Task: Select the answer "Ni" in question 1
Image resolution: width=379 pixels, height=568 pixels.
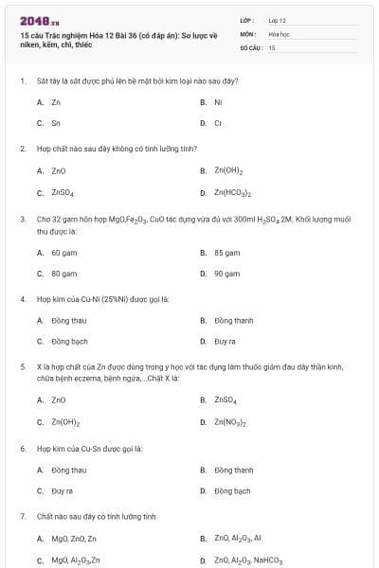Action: (x=218, y=101)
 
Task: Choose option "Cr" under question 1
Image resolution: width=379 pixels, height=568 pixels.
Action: (x=218, y=123)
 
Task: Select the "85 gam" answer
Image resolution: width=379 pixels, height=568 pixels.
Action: (x=226, y=253)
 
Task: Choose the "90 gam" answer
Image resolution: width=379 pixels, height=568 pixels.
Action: (x=226, y=274)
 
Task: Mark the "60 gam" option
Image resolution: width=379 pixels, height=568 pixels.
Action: (x=63, y=253)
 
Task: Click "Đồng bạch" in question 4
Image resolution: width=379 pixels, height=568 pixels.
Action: (x=69, y=341)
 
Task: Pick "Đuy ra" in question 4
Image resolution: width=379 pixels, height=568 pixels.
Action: (x=225, y=341)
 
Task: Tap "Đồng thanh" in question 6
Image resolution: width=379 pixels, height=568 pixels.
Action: (x=233, y=470)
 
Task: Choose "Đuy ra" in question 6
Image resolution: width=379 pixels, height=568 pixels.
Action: (x=62, y=491)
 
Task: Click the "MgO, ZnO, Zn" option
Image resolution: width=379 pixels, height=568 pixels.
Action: (x=74, y=539)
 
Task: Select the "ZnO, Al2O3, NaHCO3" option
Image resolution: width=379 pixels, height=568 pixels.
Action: (x=248, y=560)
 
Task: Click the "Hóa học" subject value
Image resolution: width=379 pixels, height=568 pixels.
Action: (x=279, y=33)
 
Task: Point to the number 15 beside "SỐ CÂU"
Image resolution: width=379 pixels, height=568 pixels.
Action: (x=272, y=46)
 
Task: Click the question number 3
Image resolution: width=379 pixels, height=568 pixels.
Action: (x=22, y=219)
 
